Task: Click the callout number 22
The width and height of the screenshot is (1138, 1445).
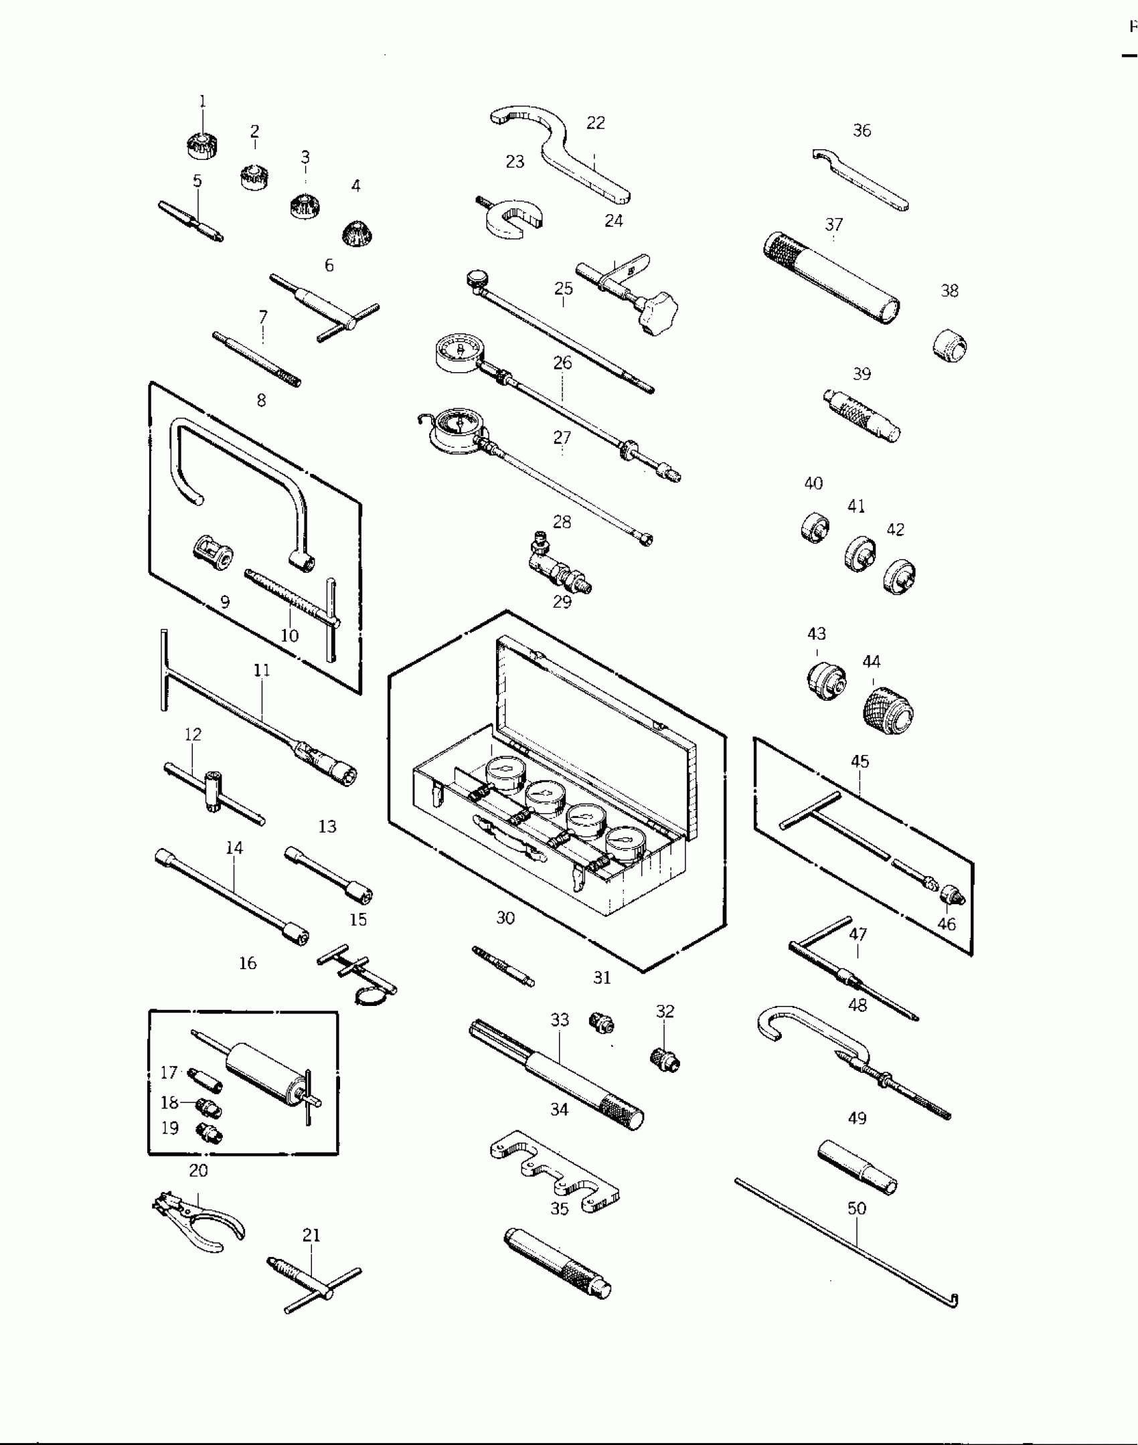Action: pyautogui.click(x=595, y=122)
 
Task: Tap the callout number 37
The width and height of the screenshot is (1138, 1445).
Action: pyautogui.click(x=833, y=224)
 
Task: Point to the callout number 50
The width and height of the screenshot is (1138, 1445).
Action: pyautogui.click(x=857, y=1208)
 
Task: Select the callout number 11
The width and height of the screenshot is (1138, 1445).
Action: pyautogui.click(x=262, y=670)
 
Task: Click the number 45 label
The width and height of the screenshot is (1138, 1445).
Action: pyautogui.click(x=860, y=761)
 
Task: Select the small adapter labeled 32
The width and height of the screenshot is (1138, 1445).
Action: pyautogui.click(x=665, y=1059)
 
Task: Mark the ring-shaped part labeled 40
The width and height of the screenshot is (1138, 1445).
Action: pyautogui.click(x=815, y=527)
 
